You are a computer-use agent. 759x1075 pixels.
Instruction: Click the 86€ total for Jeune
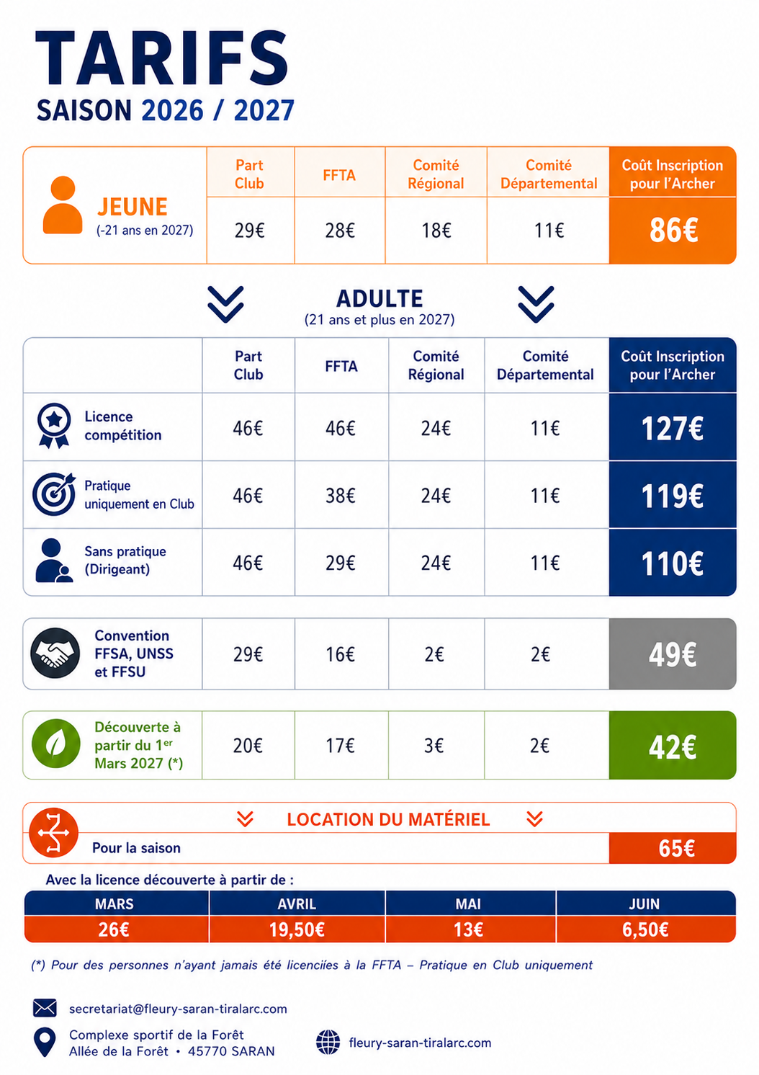673,230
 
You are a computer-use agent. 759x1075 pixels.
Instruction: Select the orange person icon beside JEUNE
63,205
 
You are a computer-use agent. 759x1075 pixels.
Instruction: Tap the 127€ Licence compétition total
672,428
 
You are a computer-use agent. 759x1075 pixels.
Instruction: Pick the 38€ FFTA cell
340,495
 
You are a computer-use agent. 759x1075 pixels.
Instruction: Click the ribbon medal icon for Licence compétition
54,426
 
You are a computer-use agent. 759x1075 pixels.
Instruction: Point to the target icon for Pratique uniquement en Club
54,494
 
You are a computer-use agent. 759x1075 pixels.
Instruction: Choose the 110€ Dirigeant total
672,563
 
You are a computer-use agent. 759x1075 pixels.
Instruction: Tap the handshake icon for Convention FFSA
55,654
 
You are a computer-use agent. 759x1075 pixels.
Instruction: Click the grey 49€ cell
672,654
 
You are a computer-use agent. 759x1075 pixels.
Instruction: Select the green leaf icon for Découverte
55,744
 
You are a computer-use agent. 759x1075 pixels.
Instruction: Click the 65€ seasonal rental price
676,849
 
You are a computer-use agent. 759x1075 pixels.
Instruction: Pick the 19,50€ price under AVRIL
297,929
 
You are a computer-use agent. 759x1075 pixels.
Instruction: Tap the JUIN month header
645,904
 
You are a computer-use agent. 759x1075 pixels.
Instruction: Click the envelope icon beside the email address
45,1008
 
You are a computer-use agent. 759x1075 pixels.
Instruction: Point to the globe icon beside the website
328,1043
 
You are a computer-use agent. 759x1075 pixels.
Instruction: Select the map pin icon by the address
45,1043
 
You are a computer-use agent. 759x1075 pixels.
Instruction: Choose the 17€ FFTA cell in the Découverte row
340,745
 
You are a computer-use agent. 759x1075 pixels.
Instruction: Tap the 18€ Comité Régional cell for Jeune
436,231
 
